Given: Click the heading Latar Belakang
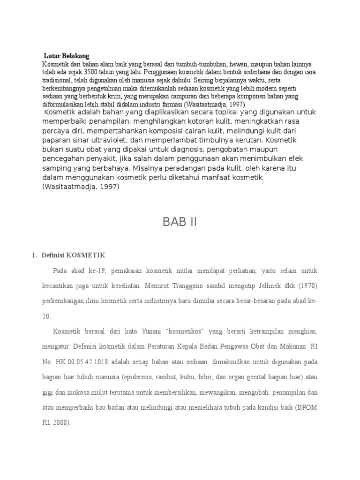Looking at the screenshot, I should click(66, 56).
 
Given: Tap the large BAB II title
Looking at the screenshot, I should click(180, 222).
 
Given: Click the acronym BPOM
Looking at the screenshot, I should click(308, 407).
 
